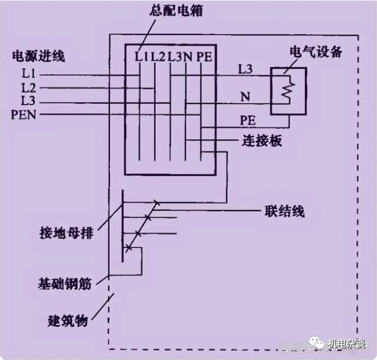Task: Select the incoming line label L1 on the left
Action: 27,75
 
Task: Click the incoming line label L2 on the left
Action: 27,89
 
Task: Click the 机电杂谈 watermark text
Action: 347,344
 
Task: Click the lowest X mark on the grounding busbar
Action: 129,248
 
